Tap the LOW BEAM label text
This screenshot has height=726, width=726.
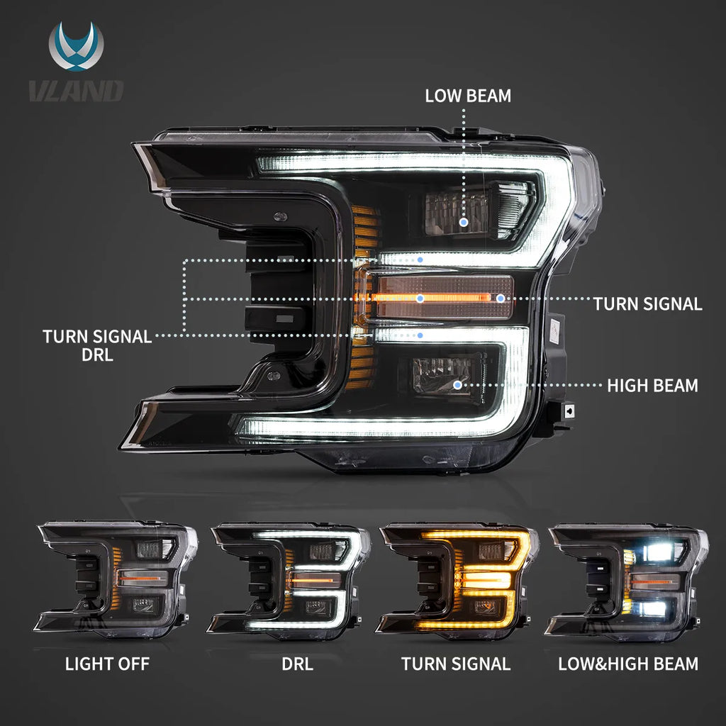pyautogui.click(x=468, y=96)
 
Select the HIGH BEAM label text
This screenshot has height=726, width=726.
pyautogui.click(x=652, y=386)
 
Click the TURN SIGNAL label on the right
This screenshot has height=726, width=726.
pyautogui.click(x=648, y=304)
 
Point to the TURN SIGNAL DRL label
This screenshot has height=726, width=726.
pyautogui.click(x=97, y=345)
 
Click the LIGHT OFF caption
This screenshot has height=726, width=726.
pyautogui.click(x=107, y=664)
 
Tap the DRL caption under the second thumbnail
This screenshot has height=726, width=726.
pyautogui.click(x=297, y=664)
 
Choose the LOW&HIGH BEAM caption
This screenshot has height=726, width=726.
pyautogui.click(x=628, y=664)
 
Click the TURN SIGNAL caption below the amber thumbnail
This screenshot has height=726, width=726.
pyautogui.click(x=456, y=664)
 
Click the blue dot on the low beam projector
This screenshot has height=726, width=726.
pyautogui.click(x=464, y=222)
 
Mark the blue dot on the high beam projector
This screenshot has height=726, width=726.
pyautogui.click(x=458, y=385)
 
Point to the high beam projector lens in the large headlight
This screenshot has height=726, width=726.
pyautogui.click(x=447, y=376)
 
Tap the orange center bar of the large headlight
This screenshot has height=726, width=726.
pyautogui.click(x=440, y=298)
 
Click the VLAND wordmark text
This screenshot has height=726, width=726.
pyautogui.click(x=77, y=91)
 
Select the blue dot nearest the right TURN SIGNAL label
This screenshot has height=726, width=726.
pyautogui.click(x=501, y=298)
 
